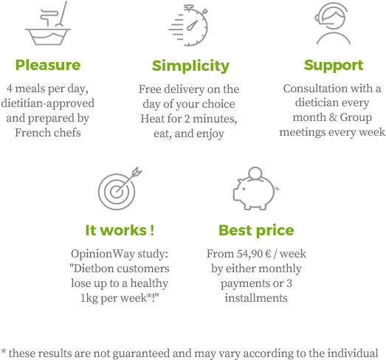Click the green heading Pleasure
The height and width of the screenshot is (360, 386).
(x=48, y=65)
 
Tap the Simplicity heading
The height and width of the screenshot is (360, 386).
(x=190, y=66)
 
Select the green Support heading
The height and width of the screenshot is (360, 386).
(x=334, y=66)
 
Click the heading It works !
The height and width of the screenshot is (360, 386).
(x=120, y=230)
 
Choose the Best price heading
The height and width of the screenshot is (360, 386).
(x=256, y=231)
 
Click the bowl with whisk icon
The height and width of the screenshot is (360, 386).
(x=48, y=23)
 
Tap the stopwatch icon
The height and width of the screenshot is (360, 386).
(x=188, y=25)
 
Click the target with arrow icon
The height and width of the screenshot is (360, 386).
(x=120, y=189)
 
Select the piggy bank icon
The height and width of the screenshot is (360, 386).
(x=256, y=189)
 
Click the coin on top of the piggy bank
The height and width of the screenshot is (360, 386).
(x=255, y=173)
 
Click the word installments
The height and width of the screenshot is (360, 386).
(x=256, y=298)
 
